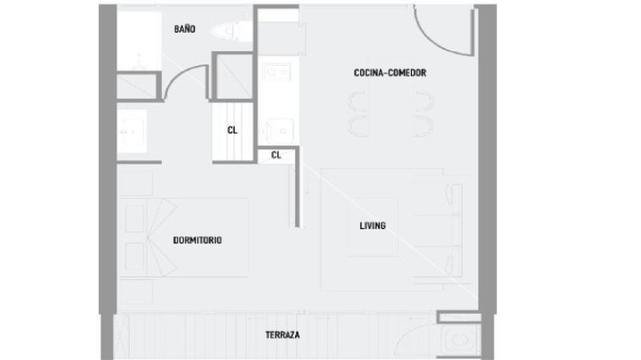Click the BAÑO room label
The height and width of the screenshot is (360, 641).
tap(185, 29)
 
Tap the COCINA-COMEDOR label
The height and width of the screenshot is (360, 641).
tap(390, 73)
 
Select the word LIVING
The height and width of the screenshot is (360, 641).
tap(372, 225)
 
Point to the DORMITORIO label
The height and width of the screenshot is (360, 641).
tap(197, 240)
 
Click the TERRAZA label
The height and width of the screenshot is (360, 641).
tap(283, 335)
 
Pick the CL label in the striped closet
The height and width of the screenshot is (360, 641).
tap(232, 130)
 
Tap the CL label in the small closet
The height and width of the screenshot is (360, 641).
tap(276, 155)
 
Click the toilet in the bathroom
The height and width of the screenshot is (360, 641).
tap(231, 31)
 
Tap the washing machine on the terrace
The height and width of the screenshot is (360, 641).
tap(459, 340)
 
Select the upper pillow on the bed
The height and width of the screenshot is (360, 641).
tap(135, 219)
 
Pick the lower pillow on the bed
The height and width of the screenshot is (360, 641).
tap(135, 256)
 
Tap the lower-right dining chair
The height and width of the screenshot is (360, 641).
tap(424, 126)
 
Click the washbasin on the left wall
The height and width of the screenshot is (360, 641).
tap(132, 132)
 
